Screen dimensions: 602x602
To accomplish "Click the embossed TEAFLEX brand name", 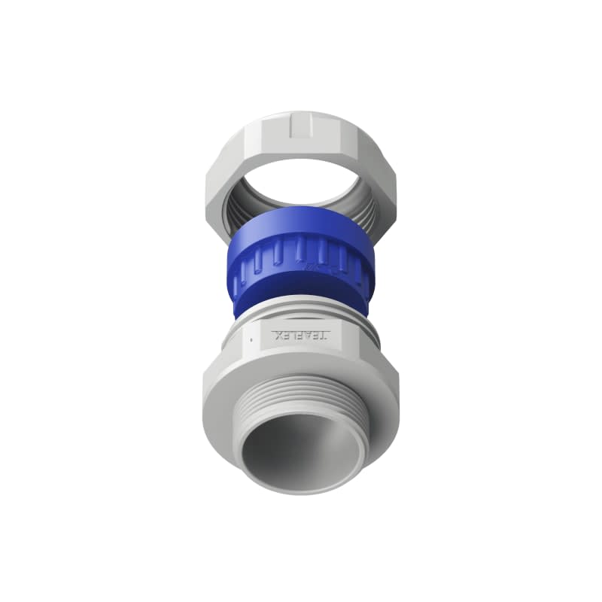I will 300,334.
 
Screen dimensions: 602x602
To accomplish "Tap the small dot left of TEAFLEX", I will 248,339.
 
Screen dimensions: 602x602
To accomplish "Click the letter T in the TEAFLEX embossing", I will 326,335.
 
